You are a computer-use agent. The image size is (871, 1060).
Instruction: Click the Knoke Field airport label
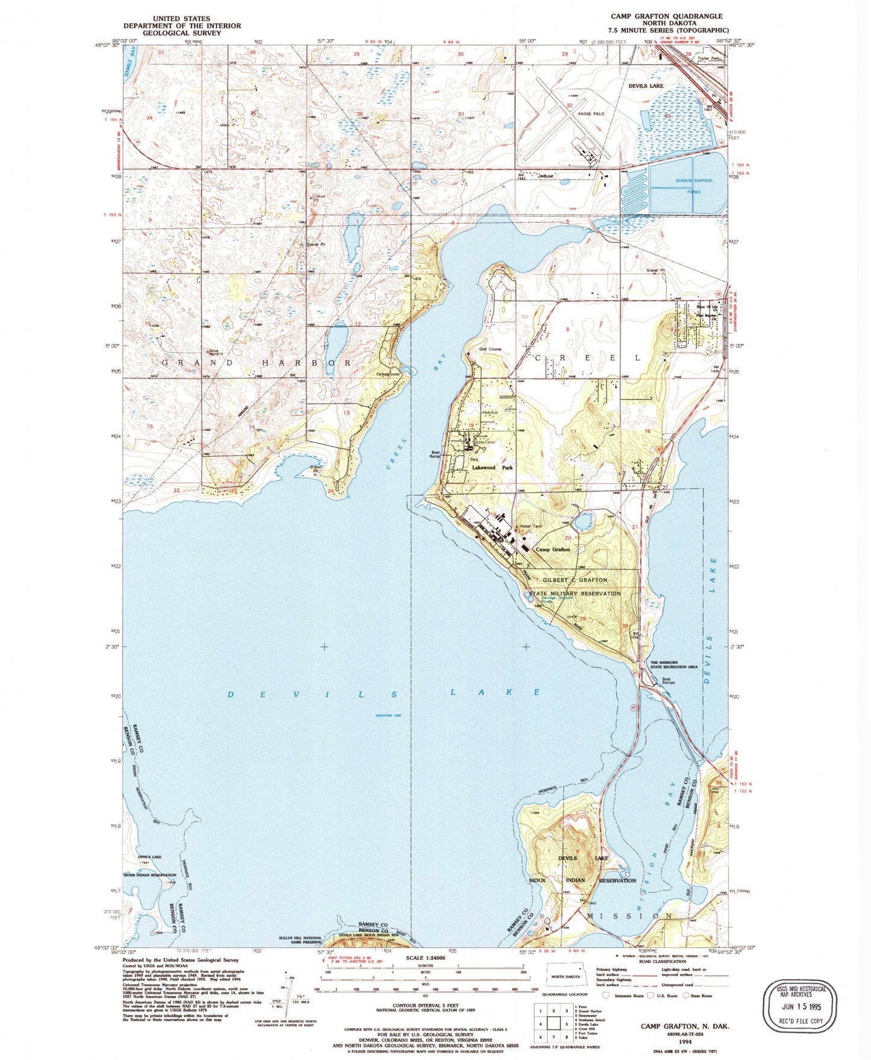[x=591, y=114]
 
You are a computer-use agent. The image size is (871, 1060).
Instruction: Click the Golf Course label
[x=490, y=349]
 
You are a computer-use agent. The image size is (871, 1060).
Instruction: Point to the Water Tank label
[x=531, y=527]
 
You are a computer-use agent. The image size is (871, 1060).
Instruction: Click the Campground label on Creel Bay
[x=388, y=374]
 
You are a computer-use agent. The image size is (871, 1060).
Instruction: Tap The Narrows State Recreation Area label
[x=673, y=665]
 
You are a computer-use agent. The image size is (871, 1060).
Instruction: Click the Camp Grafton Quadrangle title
[x=667, y=16]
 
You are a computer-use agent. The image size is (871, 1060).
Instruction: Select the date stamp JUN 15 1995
[x=800, y=1007]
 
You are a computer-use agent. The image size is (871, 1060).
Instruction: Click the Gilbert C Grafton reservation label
[x=575, y=580]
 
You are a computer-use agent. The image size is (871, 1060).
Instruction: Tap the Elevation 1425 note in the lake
[x=388, y=715]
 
